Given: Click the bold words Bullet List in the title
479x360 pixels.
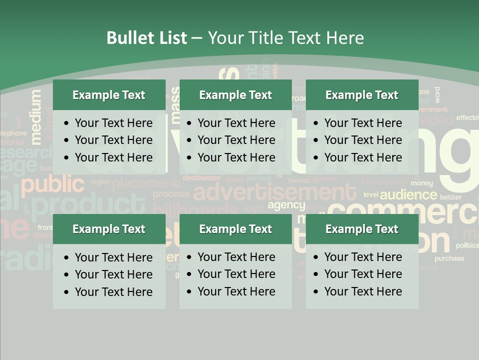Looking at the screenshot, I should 147,38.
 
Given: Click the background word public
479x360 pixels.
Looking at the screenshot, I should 53,185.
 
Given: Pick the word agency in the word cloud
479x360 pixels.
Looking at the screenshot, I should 286,205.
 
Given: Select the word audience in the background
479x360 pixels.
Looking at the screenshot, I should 408,194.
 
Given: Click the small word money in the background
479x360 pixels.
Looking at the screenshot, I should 422,183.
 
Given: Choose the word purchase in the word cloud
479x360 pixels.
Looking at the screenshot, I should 449,258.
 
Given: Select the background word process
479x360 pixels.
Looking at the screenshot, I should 171,194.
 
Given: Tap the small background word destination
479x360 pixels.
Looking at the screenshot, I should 201,177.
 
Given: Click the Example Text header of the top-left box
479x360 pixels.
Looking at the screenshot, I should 109,95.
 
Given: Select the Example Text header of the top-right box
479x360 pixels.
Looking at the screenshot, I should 362,95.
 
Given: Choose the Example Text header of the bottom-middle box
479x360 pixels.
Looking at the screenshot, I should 236,229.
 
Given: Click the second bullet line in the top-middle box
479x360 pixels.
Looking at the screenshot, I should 236,140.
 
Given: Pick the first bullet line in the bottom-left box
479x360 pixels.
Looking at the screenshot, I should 113,257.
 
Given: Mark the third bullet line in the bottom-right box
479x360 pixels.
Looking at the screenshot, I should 363,291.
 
